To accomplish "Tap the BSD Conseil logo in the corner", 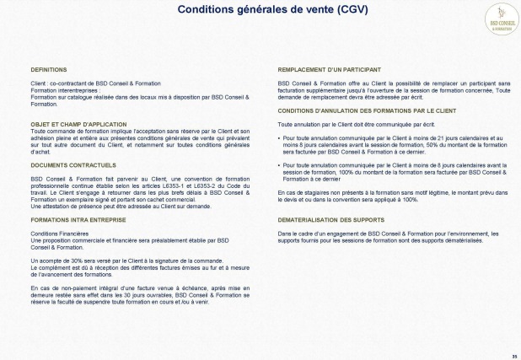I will (501, 19).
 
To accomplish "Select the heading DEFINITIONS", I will (49, 69).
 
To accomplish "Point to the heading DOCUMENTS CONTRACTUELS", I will (73, 165).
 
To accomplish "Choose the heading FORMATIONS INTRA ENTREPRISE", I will (78, 218).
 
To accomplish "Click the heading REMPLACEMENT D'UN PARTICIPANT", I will (329, 69).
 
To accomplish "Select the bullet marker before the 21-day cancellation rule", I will (280, 136).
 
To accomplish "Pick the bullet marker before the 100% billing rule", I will (280, 164).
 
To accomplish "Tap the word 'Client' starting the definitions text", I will (38, 83).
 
